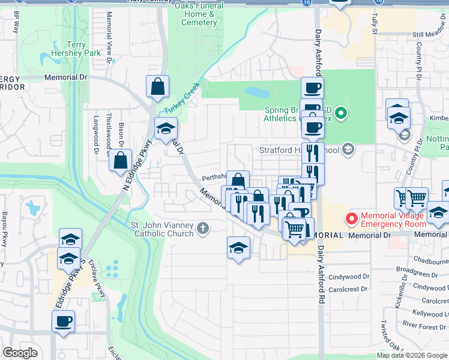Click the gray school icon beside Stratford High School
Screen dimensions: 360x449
coord(349,149)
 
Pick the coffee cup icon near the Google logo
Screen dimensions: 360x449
coord(63,322)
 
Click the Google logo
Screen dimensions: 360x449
coord(21,353)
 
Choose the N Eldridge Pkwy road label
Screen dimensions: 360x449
coord(135,164)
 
